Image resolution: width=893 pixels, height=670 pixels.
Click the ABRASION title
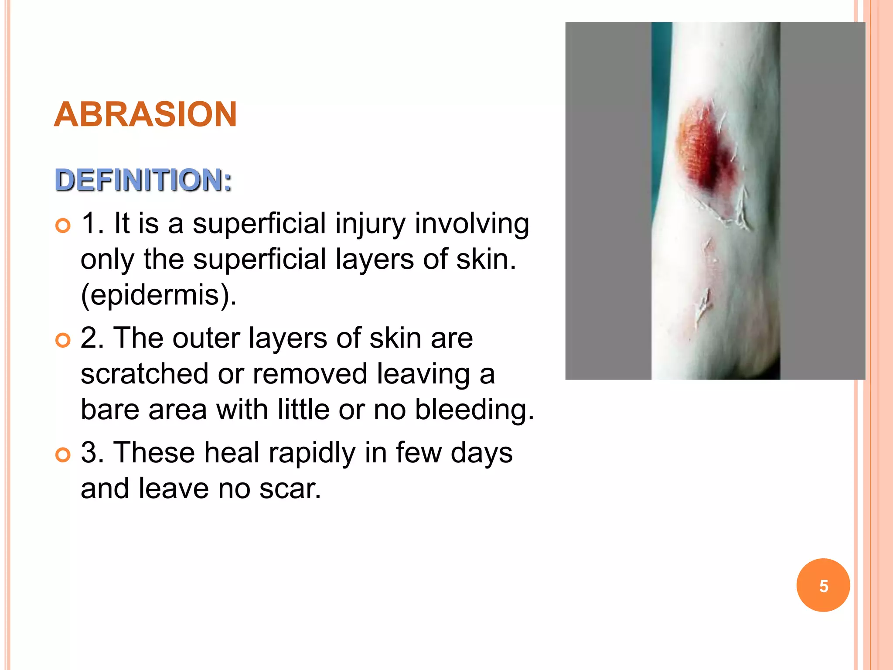pos(145,114)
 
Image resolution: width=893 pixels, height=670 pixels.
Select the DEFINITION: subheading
pos(143,180)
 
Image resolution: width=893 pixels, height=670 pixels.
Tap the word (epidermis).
pos(159,295)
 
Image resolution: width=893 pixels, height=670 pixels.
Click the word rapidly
pos(312,453)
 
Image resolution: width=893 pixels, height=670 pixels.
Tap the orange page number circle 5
pos(823,585)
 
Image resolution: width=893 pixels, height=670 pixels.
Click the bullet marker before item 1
pos(63,226)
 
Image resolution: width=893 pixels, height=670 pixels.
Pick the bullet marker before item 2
pos(63,340)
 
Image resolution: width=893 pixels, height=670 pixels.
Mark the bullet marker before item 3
pos(63,455)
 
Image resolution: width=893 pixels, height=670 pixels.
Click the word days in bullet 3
pos(481,453)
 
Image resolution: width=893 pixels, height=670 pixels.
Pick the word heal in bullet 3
pos(232,453)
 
